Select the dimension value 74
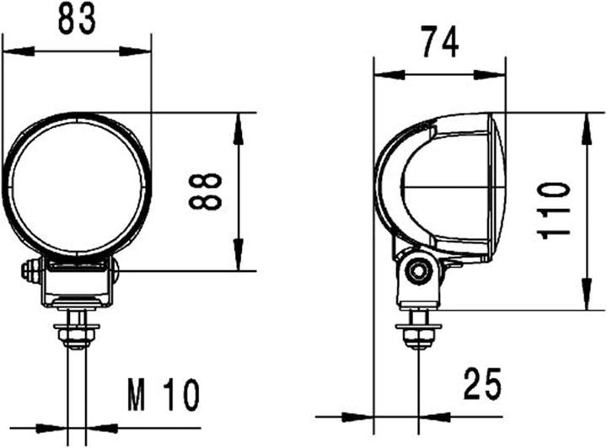tap(439, 42)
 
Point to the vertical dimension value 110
tap(556, 210)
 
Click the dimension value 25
tap(481, 385)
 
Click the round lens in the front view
tap(77, 184)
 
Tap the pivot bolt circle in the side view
tap(416, 271)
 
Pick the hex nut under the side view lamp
tap(416, 335)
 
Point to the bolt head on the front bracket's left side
tap(29, 271)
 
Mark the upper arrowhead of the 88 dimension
tap(239, 125)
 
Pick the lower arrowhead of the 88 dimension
tap(239, 259)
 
